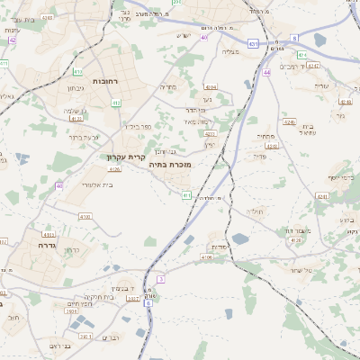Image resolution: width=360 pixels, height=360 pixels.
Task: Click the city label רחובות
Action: (x=105, y=81)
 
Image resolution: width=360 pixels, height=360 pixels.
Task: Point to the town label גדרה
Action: (x=48, y=244)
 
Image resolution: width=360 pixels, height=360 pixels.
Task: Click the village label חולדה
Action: (x=256, y=211)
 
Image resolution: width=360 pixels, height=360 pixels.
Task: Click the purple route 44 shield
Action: (x=267, y=72)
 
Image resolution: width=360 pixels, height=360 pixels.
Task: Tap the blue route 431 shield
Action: (x=254, y=42)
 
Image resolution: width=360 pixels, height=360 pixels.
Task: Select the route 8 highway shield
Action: (x=294, y=38)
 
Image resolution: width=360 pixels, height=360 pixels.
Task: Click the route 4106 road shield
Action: (x=207, y=256)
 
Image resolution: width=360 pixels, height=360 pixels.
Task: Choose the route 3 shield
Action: (x=160, y=280)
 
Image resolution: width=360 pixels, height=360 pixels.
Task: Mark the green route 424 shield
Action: (x=302, y=55)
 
